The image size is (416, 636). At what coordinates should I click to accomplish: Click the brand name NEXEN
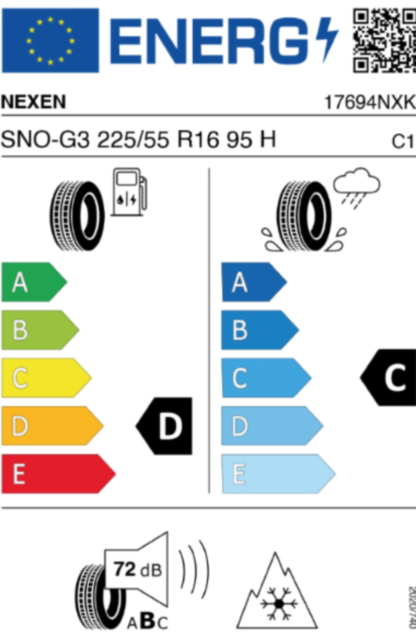click(34, 102)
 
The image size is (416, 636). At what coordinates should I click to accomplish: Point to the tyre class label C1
click(403, 141)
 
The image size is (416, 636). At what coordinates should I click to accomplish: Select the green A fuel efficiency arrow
click(33, 283)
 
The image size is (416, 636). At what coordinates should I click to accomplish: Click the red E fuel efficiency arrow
click(57, 474)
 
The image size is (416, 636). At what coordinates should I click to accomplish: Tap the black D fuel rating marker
click(165, 426)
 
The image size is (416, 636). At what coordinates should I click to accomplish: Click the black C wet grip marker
click(390, 378)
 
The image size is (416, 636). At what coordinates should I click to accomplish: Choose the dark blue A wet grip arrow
click(252, 283)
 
